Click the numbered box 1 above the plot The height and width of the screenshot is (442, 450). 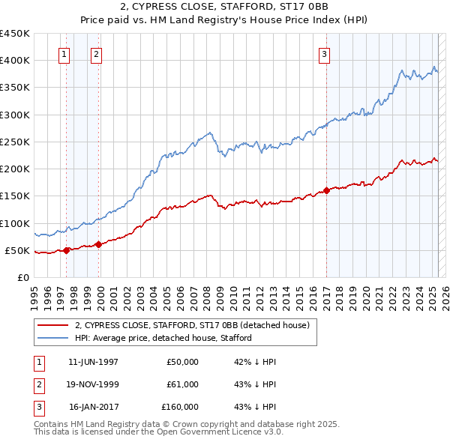click(x=64, y=54)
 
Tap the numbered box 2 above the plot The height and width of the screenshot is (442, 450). click(x=97, y=54)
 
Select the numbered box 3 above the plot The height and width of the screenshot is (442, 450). click(x=324, y=54)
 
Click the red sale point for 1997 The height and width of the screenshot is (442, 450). click(x=66, y=250)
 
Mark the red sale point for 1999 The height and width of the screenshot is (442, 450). click(x=99, y=244)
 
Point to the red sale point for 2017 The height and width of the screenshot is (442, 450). click(x=327, y=190)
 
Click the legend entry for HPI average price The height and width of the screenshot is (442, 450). click(x=163, y=338)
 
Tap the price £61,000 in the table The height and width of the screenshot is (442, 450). click(x=183, y=384)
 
